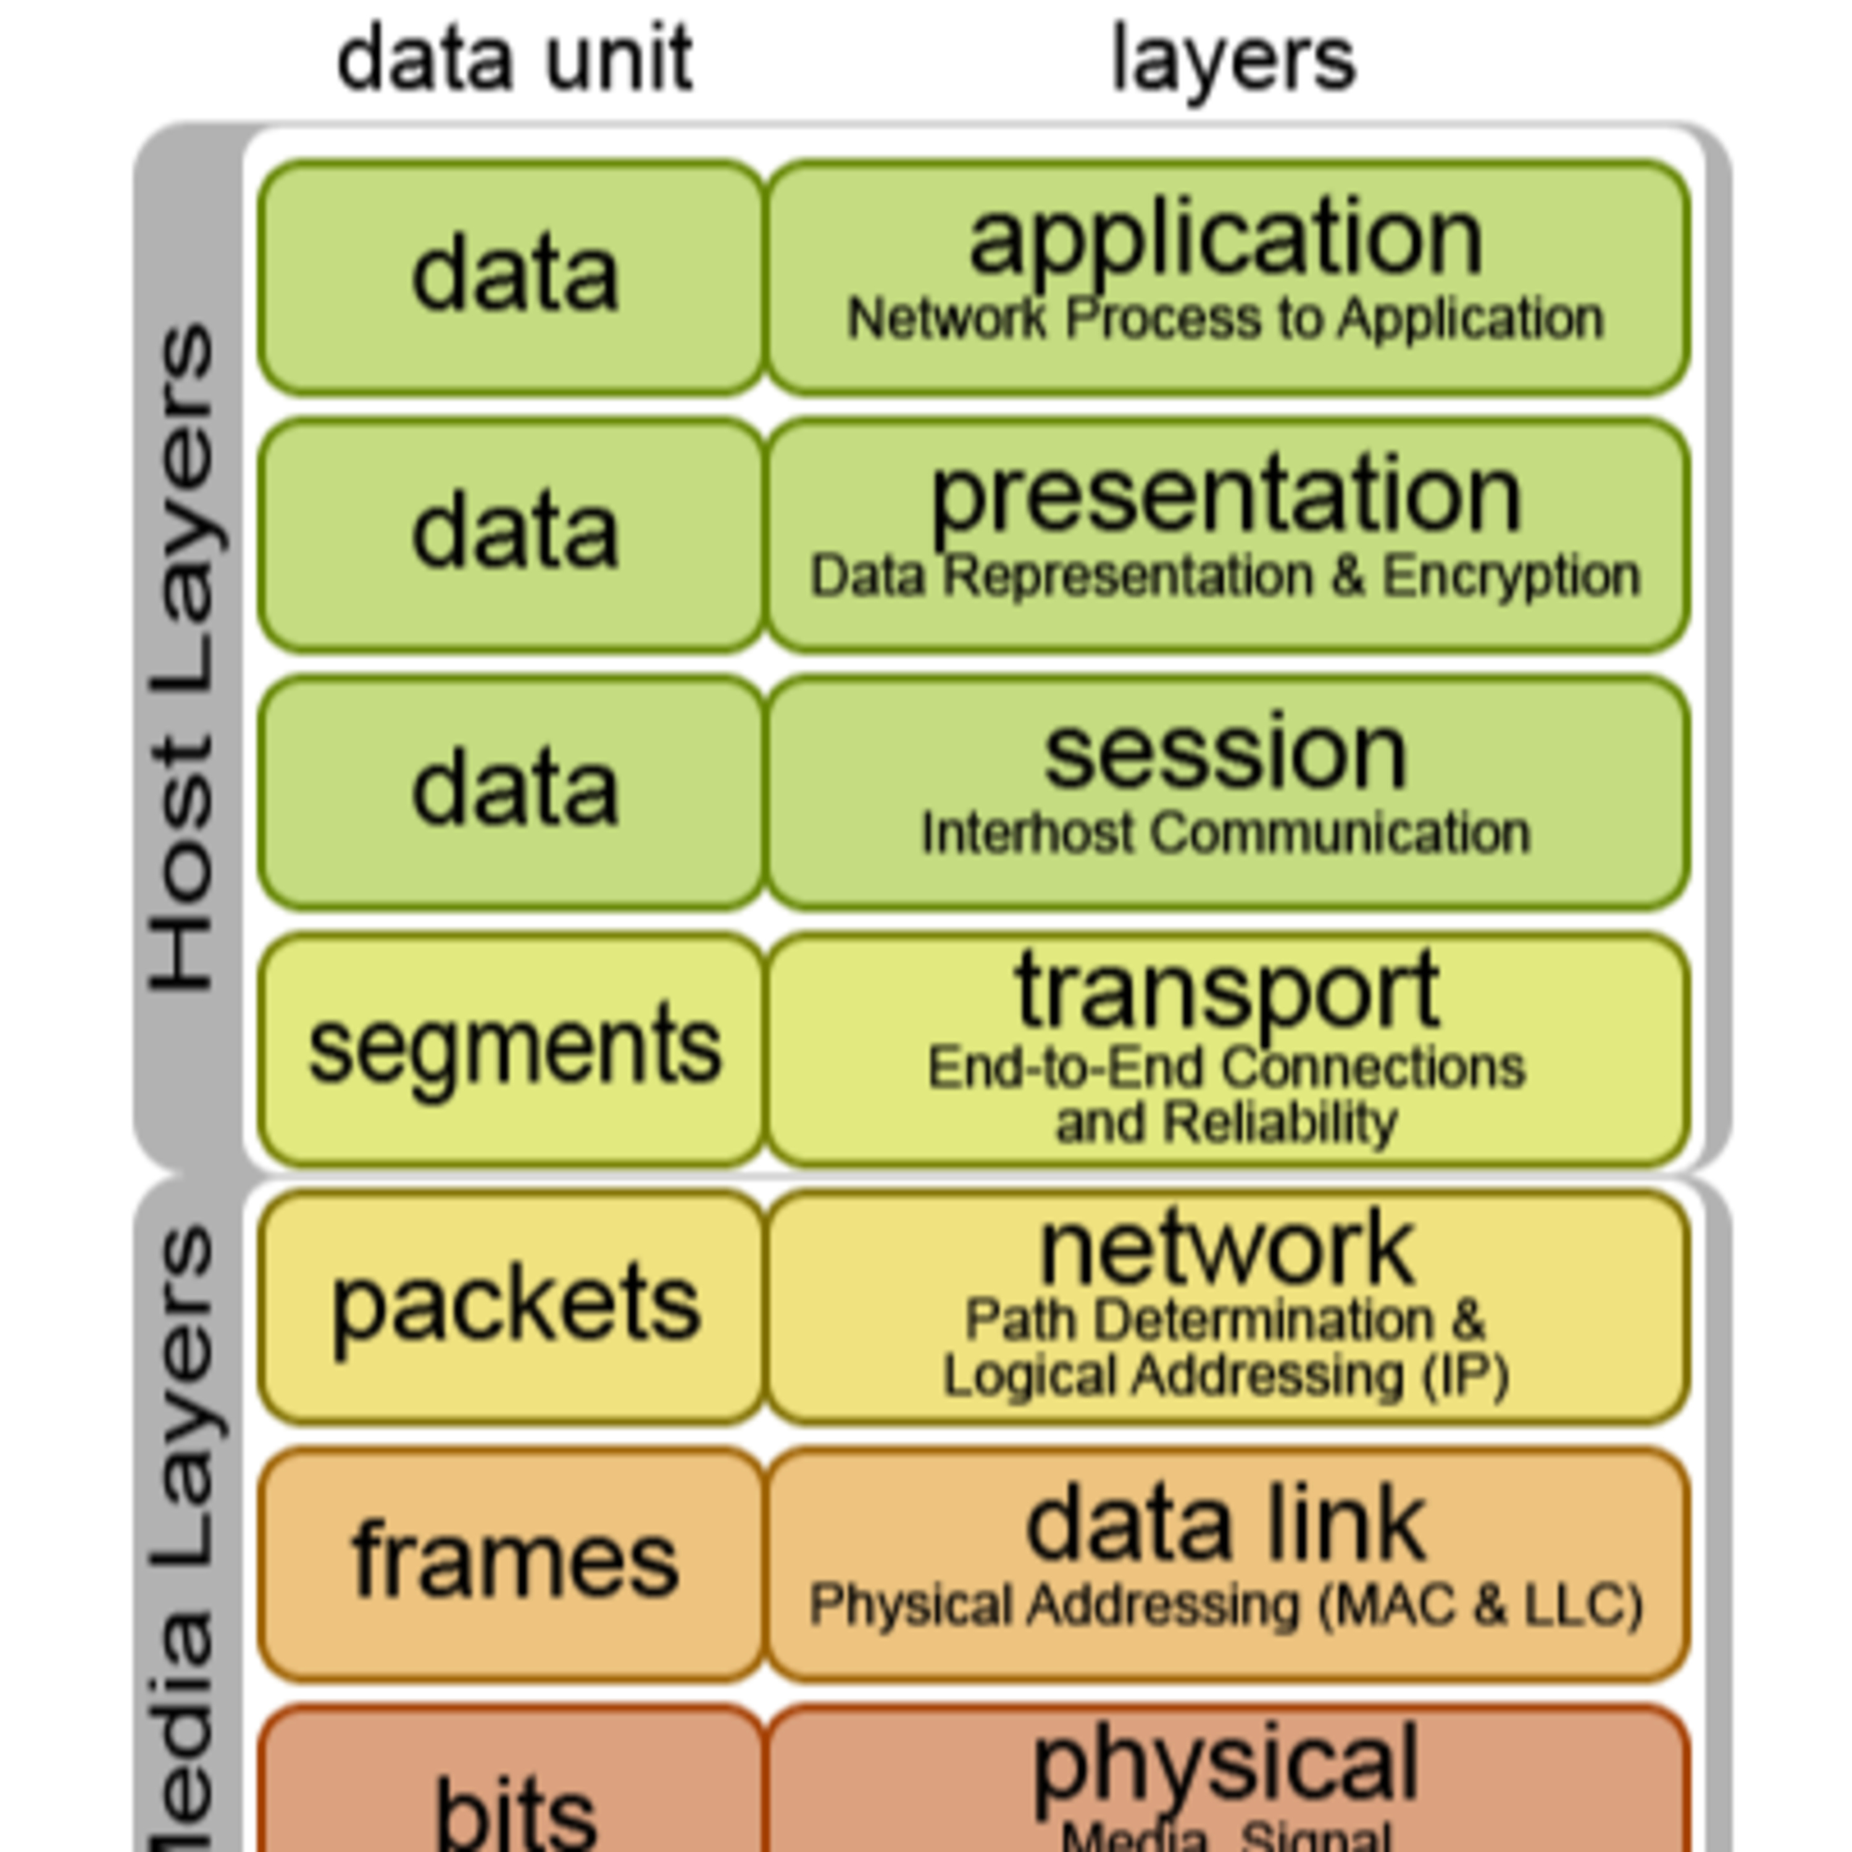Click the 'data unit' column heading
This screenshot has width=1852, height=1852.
(515, 59)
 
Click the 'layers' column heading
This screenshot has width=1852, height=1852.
(1233, 59)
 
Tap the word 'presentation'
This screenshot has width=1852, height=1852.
(1226, 496)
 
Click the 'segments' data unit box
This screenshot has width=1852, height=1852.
(513, 1048)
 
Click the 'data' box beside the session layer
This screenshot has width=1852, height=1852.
(513, 791)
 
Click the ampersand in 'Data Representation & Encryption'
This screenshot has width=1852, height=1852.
(1347, 576)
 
